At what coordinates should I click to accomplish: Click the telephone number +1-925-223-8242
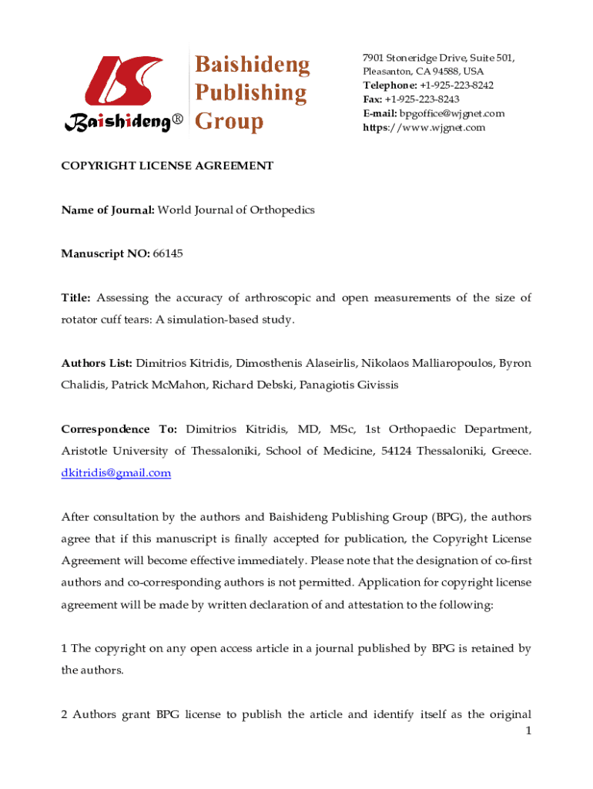click(x=456, y=86)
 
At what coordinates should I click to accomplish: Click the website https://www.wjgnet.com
click(x=424, y=127)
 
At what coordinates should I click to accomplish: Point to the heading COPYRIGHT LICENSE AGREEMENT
click(x=167, y=166)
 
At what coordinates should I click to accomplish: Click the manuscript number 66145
click(x=168, y=253)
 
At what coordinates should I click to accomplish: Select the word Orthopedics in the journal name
click(x=281, y=210)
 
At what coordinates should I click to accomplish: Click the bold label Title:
click(x=76, y=297)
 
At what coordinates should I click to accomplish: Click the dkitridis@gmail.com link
click(x=116, y=473)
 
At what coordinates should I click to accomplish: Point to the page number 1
click(x=528, y=731)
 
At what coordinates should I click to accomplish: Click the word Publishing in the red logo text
click(x=250, y=93)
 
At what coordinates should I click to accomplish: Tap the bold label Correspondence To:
click(x=119, y=428)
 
